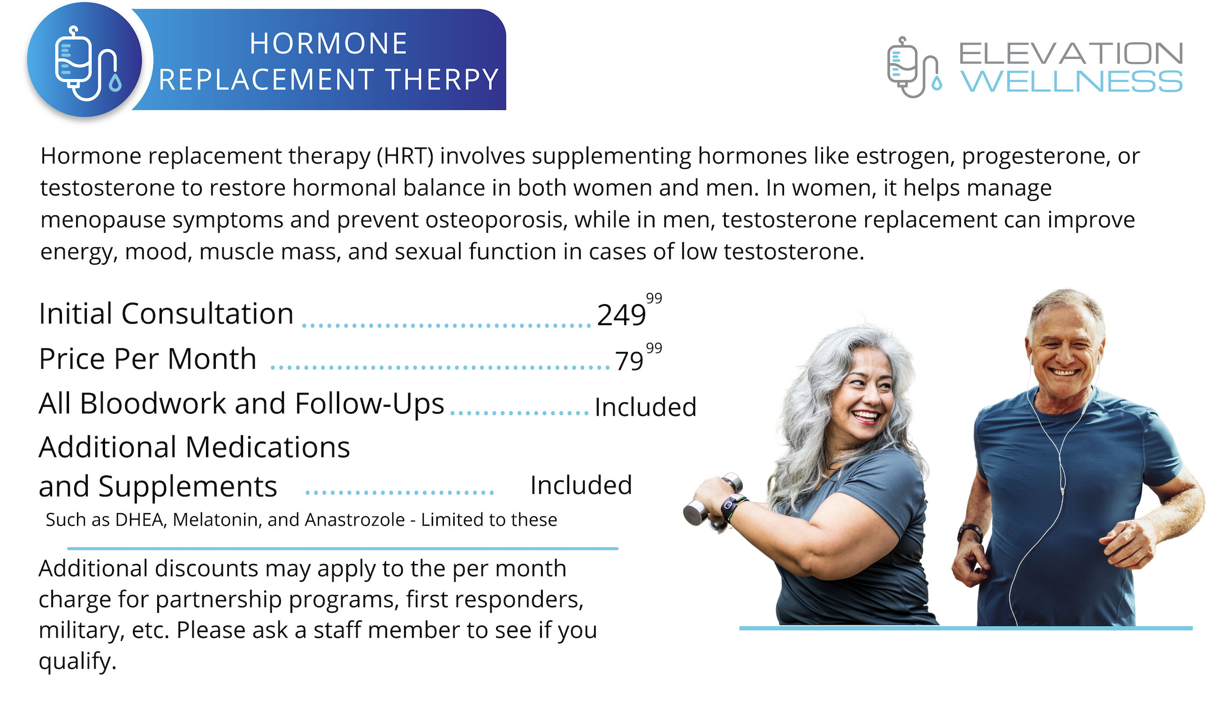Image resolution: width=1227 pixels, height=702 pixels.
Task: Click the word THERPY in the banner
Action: [442, 79]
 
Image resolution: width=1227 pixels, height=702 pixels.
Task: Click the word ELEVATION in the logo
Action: [1071, 53]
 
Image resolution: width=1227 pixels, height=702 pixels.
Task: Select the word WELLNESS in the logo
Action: [1072, 81]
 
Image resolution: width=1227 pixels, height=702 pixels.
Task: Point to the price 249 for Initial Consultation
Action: [621, 315]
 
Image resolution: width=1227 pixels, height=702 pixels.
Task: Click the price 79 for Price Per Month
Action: [629, 361]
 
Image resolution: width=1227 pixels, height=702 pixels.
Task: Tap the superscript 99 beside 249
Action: [654, 298]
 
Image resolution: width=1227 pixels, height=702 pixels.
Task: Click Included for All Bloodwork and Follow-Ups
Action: [646, 407]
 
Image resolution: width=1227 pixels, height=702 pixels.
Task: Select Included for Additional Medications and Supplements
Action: [581, 485]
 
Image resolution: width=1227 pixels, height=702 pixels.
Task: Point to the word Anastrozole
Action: [354, 520]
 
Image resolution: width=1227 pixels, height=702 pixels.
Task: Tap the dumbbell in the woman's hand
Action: [713, 499]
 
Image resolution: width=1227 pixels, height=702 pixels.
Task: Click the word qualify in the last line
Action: [77, 662]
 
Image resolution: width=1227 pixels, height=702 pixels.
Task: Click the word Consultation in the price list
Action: [207, 314]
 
